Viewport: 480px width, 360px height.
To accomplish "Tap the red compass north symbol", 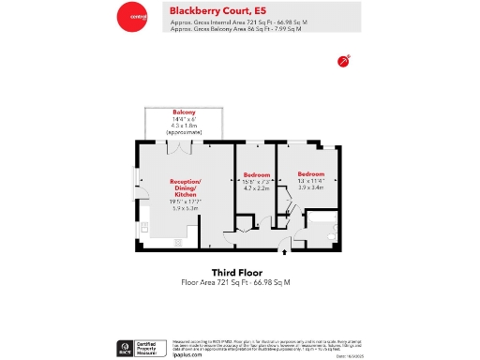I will pos(344,61).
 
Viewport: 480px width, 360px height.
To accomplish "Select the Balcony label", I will pos(184,112).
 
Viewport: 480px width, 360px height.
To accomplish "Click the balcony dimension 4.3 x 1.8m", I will pos(184,126).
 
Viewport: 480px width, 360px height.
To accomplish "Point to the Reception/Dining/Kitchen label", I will pos(186,187).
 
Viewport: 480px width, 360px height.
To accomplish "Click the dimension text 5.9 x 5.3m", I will pos(186,207).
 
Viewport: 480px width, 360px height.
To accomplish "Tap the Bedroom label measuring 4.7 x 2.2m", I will pos(257,175).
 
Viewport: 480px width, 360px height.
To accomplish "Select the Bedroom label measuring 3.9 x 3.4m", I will pos(311,174).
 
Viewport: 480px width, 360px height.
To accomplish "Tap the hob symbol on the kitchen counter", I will pos(177,242).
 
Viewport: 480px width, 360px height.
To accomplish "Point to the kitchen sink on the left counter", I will pos(143,228).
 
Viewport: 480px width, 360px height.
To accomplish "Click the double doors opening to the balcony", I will pos(185,148).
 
